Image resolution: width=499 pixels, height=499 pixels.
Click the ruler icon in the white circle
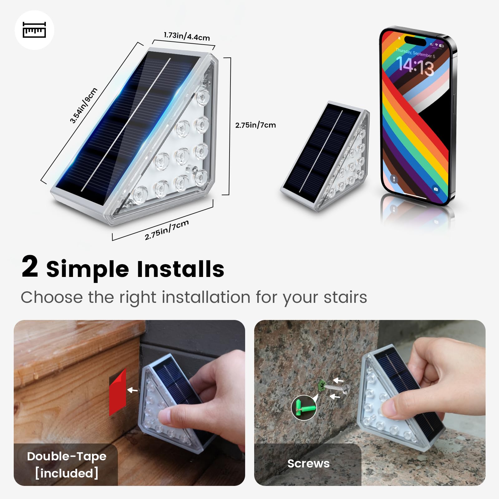point(34,30)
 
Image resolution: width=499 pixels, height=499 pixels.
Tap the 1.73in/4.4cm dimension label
point(187,36)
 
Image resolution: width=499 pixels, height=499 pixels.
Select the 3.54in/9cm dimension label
point(84,105)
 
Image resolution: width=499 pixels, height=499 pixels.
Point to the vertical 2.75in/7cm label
point(255,125)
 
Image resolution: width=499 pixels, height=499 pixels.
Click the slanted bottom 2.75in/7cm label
point(167,230)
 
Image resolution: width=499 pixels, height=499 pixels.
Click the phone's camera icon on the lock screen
point(436,189)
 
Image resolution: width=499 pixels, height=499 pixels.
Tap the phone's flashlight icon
point(394,179)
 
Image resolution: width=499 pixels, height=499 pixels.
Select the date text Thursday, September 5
point(415,53)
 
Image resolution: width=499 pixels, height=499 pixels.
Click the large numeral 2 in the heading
point(30,267)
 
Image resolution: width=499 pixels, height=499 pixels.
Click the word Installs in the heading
point(181,269)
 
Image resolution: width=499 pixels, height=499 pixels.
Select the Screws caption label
point(308,463)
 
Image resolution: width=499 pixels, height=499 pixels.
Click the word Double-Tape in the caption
point(67,456)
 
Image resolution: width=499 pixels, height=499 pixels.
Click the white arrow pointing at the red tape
point(133,390)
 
